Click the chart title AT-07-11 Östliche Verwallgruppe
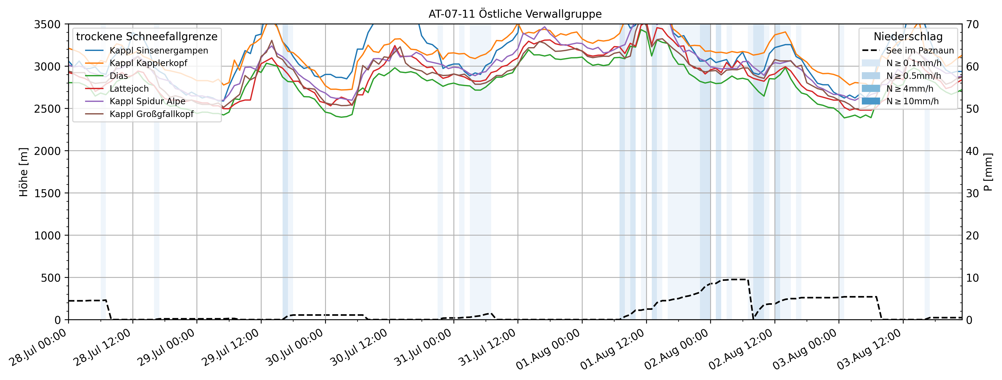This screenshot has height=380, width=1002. coord(515,14)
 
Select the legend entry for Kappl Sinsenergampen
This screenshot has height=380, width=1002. coord(158,50)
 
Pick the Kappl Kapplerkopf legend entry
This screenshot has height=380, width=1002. coord(148,63)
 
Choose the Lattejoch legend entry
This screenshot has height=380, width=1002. coord(129,89)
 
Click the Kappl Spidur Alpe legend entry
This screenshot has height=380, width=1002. coord(147,101)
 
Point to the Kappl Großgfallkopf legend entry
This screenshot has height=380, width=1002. coord(151,114)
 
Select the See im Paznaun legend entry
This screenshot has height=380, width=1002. coord(920,50)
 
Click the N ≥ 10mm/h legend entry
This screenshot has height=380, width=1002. coord(912,101)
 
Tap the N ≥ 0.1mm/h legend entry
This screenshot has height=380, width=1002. coord(914,63)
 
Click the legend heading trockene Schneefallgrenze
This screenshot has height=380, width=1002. coord(147,37)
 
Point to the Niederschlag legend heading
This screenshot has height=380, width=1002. coord(908,37)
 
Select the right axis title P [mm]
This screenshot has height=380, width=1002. coord(988,172)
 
